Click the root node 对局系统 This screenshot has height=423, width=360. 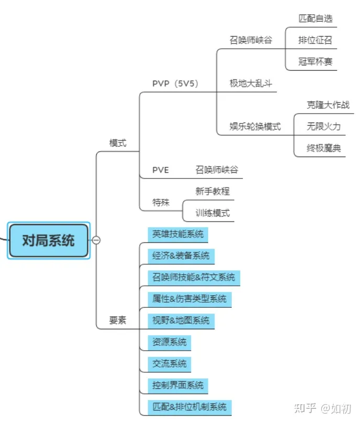point(49,240)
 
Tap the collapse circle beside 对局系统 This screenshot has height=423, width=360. point(96,240)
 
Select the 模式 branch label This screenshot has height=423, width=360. point(118,143)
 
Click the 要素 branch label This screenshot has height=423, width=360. point(118,320)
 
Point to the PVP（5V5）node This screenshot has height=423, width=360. point(176,84)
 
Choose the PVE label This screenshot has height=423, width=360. point(161,170)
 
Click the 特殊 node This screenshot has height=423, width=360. point(161,202)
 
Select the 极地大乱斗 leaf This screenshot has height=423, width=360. point(251,83)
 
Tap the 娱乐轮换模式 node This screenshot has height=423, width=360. point(255,127)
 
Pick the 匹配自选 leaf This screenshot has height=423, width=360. point(316,19)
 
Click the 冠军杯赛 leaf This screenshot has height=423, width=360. point(316,62)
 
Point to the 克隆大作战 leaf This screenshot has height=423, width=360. point(328,105)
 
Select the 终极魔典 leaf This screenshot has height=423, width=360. point(324,148)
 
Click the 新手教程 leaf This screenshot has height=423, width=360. point(213,191)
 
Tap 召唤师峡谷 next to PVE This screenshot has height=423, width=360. point(217,170)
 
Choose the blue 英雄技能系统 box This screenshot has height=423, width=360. point(178,235)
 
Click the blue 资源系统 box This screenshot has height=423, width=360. point(170,342)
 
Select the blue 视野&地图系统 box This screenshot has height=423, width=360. point(181,321)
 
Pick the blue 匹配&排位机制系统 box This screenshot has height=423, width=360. point(189,407)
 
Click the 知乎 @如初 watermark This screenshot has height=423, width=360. point(323,408)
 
